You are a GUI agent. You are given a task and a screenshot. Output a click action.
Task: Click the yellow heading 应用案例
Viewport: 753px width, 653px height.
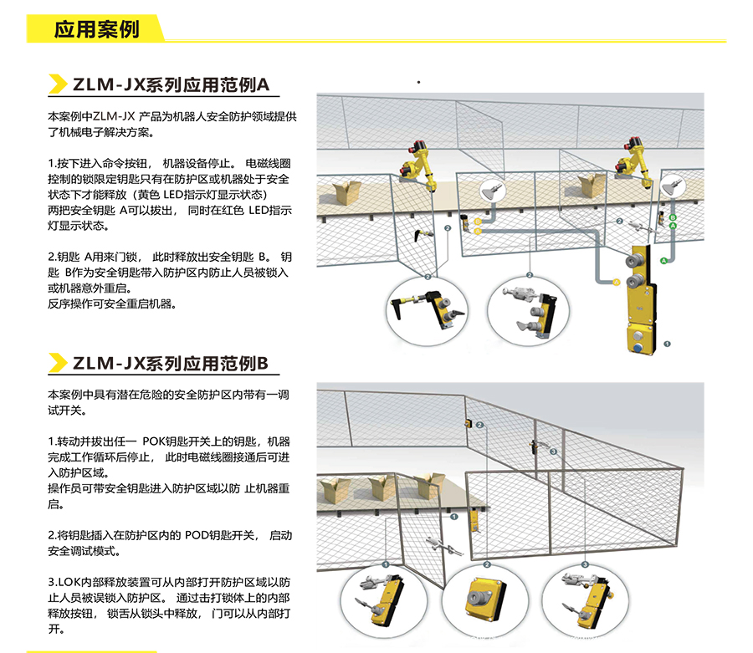(x=96, y=29)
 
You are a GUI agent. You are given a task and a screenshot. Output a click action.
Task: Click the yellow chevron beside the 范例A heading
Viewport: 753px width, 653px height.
(x=58, y=84)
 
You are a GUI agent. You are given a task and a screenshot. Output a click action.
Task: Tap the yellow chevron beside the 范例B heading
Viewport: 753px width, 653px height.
(x=58, y=363)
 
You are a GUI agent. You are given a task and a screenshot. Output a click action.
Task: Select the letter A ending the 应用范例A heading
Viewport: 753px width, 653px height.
(x=264, y=84)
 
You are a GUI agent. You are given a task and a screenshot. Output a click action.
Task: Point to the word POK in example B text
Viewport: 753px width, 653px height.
(x=153, y=441)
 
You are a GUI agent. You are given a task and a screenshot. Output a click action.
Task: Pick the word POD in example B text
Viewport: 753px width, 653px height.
(x=196, y=535)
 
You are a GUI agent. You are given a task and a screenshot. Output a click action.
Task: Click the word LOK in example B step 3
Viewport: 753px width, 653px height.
(x=69, y=582)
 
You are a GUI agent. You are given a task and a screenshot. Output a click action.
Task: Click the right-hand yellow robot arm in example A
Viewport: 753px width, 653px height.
(x=634, y=163)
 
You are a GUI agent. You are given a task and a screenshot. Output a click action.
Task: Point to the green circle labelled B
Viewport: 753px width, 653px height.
(x=673, y=218)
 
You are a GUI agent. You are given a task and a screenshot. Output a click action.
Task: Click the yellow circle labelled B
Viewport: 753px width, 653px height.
(x=478, y=222)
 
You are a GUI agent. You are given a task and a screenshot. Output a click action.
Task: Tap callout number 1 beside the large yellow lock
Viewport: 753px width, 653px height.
(x=667, y=344)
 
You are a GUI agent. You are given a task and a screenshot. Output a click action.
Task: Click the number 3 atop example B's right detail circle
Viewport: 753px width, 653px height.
(x=586, y=564)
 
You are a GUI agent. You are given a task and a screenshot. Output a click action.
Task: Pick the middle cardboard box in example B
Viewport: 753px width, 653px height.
(x=382, y=487)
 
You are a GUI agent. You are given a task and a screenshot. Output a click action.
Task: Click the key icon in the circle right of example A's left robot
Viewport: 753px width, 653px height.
(x=492, y=191)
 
